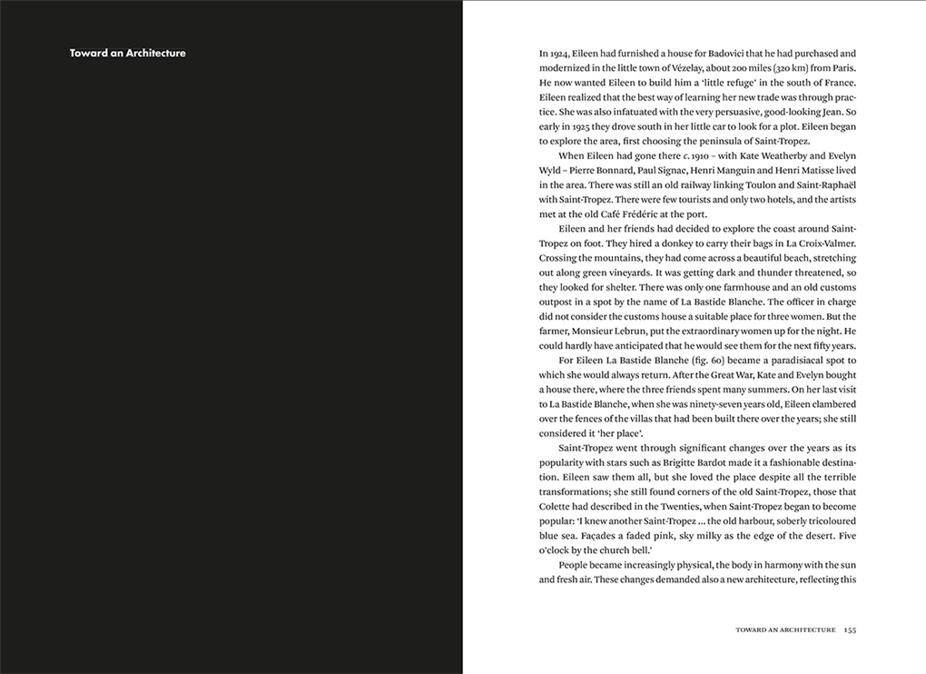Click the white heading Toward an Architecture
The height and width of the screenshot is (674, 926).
coord(127,53)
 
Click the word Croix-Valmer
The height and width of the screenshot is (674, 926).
coord(823,243)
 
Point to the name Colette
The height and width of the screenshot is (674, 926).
coord(559,506)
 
